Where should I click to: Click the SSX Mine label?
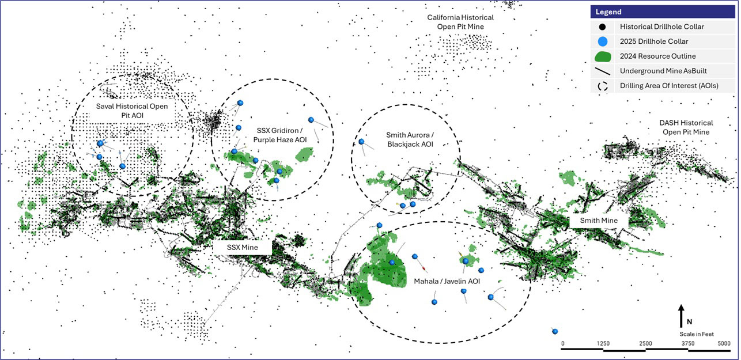click(x=242, y=248)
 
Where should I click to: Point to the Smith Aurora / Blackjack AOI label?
click(x=409, y=139)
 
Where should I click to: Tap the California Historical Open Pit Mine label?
click(x=460, y=22)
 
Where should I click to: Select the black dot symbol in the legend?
click(x=603, y=26)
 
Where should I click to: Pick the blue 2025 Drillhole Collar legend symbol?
click(x=603, y=41)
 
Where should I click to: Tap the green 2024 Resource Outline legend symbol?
click(x=603, y=56)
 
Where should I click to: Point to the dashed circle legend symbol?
click(x=603, y=86)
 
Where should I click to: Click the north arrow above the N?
click(x=680, y=312)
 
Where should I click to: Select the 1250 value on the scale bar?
click(x=603, y=344)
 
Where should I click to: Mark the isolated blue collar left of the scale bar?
click(x=554, y=331)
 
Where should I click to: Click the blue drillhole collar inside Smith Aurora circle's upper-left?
click(x=361, y=142)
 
